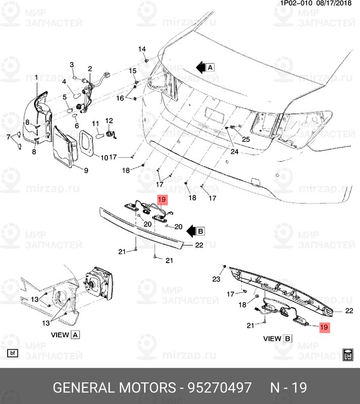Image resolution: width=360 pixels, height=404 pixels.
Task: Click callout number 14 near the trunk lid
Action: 142,49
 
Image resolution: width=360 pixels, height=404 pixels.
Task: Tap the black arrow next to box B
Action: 190,232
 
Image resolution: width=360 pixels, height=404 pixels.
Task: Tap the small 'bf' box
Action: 13,353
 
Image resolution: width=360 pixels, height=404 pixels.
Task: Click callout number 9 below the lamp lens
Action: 86,170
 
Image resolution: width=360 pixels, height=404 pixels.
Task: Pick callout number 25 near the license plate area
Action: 246,139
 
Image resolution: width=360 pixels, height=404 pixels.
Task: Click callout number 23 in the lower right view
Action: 216,279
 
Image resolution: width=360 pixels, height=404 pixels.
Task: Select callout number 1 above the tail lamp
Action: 36,77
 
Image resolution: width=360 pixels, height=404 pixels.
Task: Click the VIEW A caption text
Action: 65,334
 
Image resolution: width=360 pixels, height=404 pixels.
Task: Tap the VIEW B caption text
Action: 278,338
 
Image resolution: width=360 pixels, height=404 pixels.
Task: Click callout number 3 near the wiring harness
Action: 72,65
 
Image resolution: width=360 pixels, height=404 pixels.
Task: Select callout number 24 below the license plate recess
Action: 235,151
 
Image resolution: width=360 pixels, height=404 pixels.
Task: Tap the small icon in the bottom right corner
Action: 347,354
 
